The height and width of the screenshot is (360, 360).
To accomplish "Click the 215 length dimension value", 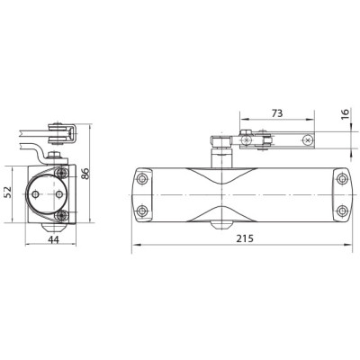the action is (245, 238).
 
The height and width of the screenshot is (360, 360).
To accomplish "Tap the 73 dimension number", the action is (277, 113).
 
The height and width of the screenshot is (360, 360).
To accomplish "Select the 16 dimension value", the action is (346, 114).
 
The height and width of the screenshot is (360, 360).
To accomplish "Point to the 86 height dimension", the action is (85, 174).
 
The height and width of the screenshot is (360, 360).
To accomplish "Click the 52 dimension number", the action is (7, 192).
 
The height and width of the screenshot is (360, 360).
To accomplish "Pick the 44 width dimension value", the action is (53, 239).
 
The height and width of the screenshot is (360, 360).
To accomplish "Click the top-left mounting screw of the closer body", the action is (142, 179).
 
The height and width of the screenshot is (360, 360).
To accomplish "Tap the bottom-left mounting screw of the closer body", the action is (142, 211).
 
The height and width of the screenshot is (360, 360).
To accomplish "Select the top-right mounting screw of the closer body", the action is (341, 179).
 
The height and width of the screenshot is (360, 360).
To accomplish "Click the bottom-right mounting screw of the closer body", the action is (341, 211).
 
